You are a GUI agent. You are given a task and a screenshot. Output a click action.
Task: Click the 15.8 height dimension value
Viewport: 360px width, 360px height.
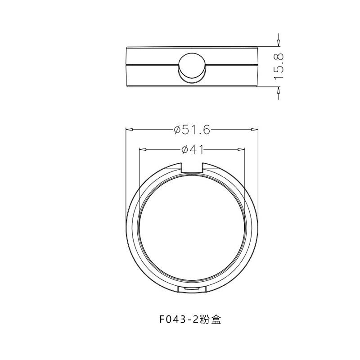pyautogui.click(x=279, y=66)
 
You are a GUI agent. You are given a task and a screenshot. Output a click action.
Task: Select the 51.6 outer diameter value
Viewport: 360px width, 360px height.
pyautogui.click(x=197, y=130)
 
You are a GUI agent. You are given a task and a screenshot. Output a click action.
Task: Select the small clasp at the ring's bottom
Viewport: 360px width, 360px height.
pyautogui.click(x=192, y=288)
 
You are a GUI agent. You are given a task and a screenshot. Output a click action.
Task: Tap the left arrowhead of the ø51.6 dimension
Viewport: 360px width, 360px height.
pyautogui.click(x=128, y=130)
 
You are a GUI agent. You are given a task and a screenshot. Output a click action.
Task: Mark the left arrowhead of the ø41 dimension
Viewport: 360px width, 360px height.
pyautogui.click(x=142, y=150)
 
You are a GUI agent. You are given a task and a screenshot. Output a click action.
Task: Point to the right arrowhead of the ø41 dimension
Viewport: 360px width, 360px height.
pyautogui.click(x=243, y=150)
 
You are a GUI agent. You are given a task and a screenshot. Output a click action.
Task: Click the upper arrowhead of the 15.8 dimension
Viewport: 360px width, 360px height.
pyautogui.click(x=279, y=43)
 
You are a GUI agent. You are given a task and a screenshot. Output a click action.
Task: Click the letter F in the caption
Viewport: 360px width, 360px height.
pyautogui.click(x=162, y=319)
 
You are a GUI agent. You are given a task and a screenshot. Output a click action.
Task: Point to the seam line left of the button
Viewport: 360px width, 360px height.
pyautogui.click(x=153, y=65)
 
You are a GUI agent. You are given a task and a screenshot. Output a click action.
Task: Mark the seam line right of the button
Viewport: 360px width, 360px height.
pyautogui.click(x=232, y=65)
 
